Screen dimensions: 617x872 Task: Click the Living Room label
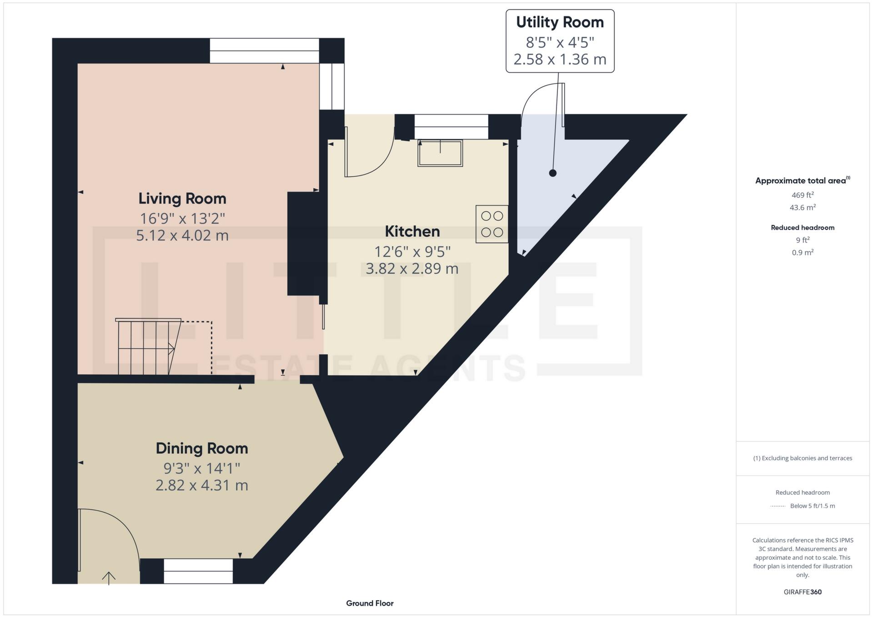pos(182,199)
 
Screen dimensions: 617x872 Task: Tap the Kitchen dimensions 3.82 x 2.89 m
pos(412,269)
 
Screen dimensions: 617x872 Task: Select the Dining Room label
pos(202,448)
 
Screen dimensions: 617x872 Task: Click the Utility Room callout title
pos(560,22)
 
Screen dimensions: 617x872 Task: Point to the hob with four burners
pos(492,224)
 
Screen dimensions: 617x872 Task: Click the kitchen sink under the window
pos(440,153)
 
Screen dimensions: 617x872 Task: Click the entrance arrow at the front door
pos(109,578)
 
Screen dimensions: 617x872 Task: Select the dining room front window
pos(198,571)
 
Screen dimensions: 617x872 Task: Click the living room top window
pos(264,50)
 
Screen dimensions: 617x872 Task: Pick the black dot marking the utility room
pos(552,173)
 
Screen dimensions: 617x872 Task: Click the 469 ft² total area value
pos(802,195)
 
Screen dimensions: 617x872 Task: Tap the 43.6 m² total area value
pos(802,207)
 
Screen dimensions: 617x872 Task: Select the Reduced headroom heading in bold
pos(802,227)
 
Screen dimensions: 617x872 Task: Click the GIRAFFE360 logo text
pos(802,592)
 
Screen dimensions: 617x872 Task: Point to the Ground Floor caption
pos(370,603)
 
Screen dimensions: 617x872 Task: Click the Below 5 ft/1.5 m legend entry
pos(812,506)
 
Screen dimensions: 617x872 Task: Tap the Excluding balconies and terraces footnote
pos(802,458)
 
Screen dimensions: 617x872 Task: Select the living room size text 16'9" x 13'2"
pos(182,219)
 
